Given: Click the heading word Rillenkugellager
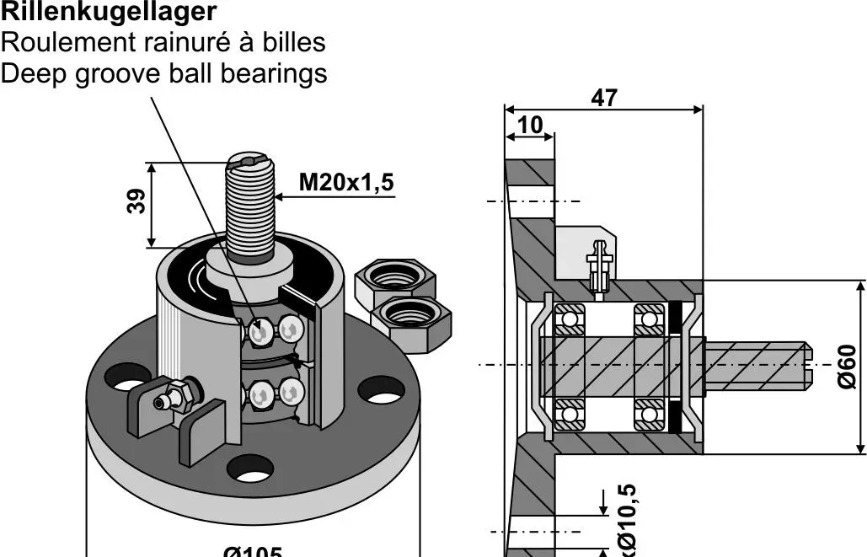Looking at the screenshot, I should point(109,12).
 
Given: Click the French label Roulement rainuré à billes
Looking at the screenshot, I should point(163,42).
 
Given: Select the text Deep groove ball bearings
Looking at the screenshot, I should point(163,73).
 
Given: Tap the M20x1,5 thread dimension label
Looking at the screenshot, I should point(346,182).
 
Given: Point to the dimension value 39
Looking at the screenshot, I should point(136,201).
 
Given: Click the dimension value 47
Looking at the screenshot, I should point(603,98).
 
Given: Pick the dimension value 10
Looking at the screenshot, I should point(530,125).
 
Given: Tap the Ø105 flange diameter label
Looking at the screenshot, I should point(252,552).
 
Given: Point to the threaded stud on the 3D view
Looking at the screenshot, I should point(250,206).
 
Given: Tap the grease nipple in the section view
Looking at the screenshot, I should point(599,263).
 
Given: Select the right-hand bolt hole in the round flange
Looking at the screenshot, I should point(381,390).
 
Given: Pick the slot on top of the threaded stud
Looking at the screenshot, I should point(251,159).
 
